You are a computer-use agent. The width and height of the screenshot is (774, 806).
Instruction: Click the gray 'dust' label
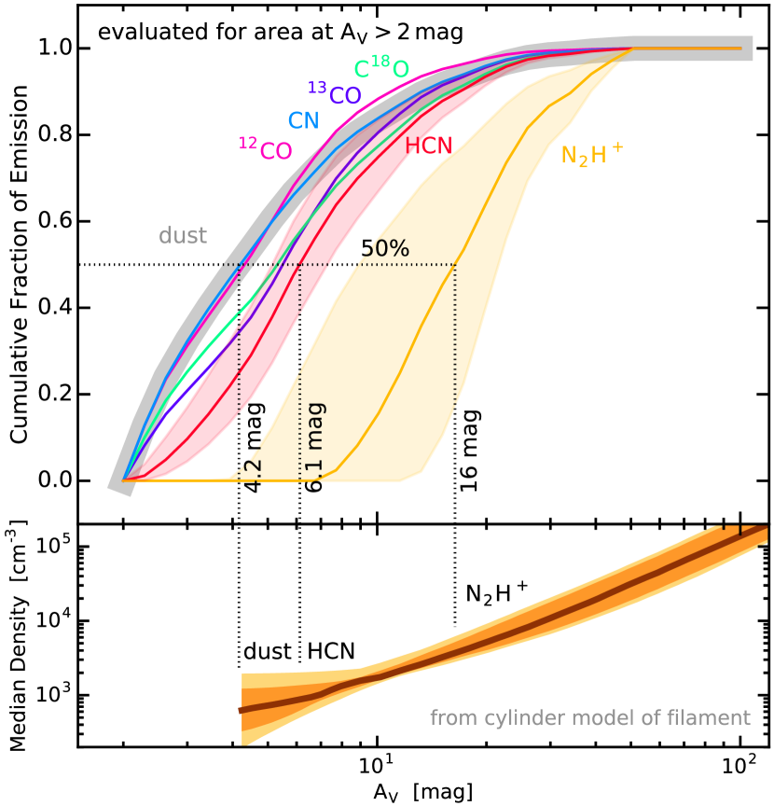183,236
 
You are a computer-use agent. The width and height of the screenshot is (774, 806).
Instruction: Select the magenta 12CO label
266,149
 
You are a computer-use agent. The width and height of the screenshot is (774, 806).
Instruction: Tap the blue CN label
303,120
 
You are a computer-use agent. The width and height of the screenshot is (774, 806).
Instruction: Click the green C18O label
381,68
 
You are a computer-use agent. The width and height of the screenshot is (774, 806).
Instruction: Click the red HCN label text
434,146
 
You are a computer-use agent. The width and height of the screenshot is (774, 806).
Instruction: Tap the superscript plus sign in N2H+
616,146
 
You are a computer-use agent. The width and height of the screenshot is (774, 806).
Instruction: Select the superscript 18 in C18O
380,62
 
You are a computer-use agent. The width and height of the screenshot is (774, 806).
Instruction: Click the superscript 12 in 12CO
247,142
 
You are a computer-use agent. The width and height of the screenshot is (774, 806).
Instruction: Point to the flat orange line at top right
690,48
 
